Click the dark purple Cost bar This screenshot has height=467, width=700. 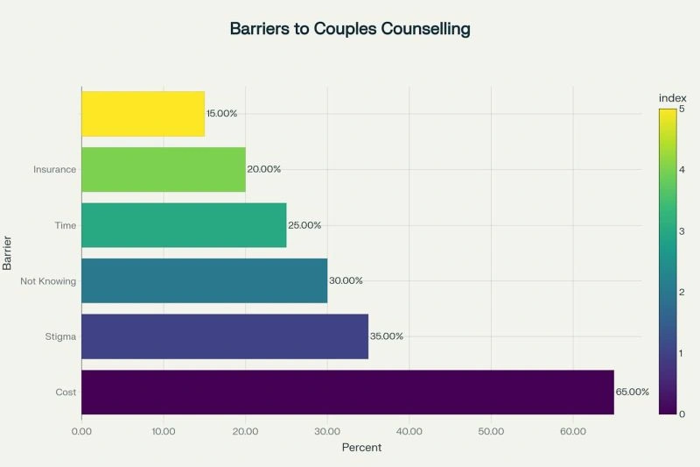347,392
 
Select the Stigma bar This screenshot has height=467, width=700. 225,336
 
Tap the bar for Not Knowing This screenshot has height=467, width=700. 204,280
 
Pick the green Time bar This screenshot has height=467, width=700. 184,225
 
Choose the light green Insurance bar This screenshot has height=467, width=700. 164,169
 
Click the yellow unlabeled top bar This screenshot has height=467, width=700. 143,113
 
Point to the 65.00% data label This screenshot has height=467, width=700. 633,392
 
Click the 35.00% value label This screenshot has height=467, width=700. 387,336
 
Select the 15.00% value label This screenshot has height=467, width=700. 221,113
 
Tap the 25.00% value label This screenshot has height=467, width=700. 304,225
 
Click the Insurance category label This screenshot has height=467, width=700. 55,169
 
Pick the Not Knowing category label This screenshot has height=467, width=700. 49,280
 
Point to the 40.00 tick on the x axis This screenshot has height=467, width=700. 409,431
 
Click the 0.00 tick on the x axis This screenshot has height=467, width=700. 81,431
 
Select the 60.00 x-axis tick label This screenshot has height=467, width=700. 573,431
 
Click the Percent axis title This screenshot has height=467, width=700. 361,448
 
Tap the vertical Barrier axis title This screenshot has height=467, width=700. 7,252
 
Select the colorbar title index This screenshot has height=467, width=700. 672,97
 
